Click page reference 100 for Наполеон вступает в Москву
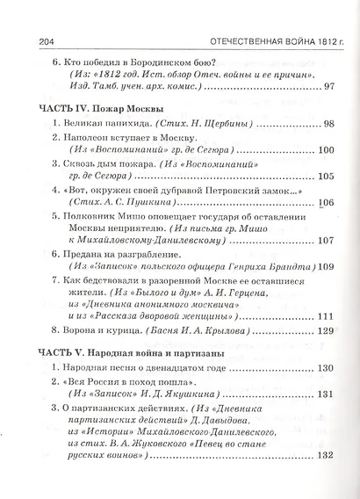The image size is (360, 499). click(327, 151)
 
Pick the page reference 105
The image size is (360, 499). click(327, 177)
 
